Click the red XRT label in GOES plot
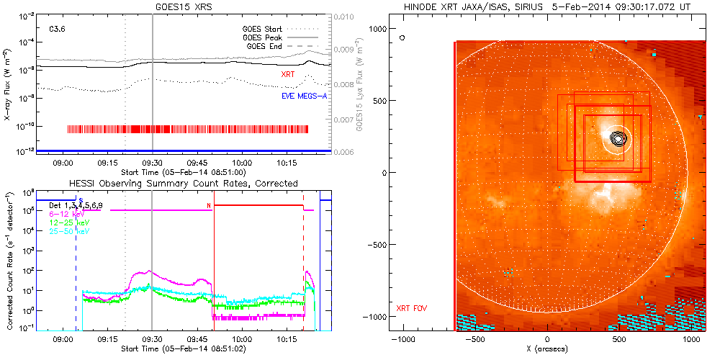pos(289,73)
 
